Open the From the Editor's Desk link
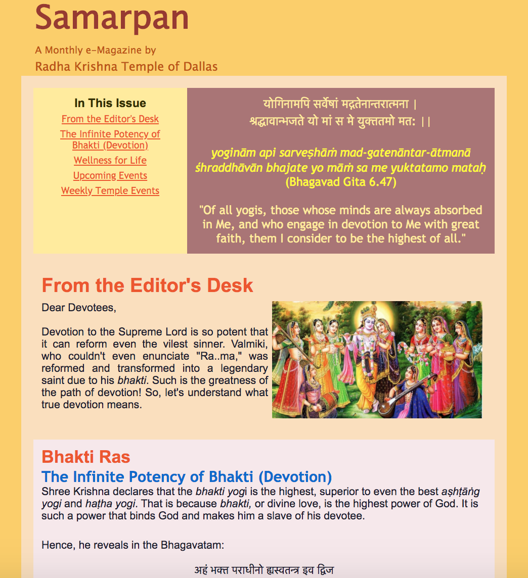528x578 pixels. click(110, 119)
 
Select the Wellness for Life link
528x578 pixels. click(110, 161)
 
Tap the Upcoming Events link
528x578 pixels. click(110, 176)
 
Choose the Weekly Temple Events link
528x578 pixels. click(110, 191)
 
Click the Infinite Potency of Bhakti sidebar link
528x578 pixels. click(110, 139)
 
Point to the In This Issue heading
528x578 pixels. click(110, 103)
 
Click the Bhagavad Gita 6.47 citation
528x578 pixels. click(341, 182)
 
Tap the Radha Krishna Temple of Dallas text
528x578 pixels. click(126, 67)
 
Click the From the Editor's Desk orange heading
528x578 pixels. click(147, 285)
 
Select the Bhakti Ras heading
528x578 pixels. click(86, 457)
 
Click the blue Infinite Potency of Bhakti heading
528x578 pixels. click(187, 476)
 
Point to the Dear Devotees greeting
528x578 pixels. click(79, 308)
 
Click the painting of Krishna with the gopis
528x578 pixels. click(377, 360)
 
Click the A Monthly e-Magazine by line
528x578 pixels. click(96, 50)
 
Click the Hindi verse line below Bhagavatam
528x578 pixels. click(264, 570)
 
